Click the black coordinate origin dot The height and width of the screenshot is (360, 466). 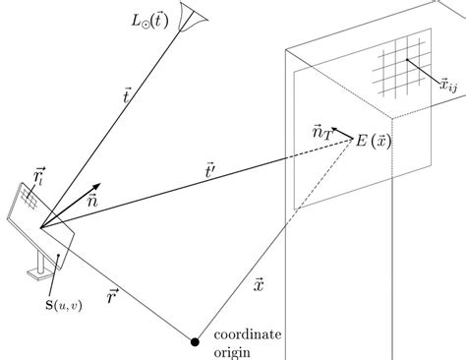pos(196,342)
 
